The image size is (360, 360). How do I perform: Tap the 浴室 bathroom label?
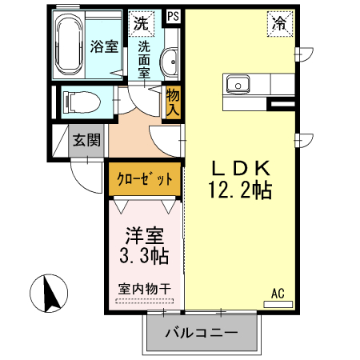click(105, 46)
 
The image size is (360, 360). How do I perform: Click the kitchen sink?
click(239, 84)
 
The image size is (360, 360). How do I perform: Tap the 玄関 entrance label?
click(86, 141)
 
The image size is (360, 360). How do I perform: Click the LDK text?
click(242, 169)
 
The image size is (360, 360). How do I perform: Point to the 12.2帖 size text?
click(242, 190)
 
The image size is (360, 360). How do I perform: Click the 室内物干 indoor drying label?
click(145, 289)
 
